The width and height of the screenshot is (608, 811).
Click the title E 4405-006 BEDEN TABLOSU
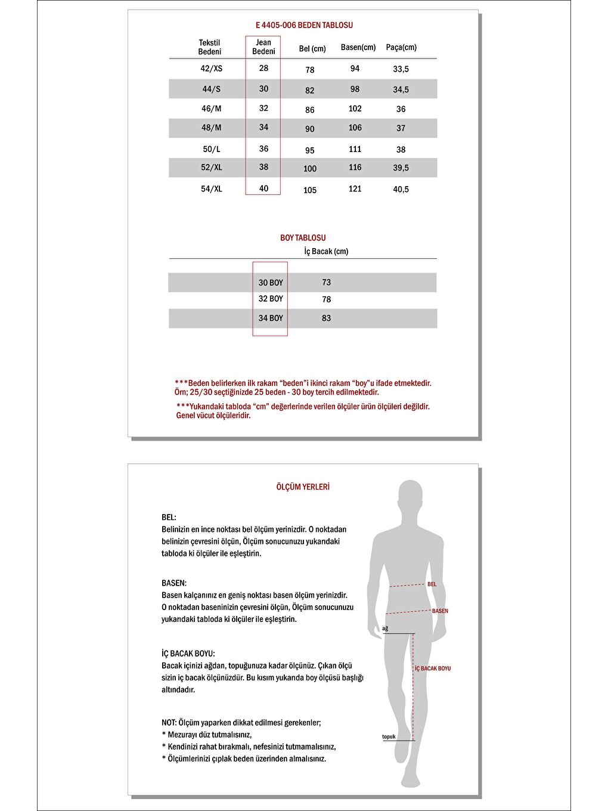coord(304,25)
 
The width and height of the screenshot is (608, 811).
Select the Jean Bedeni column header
coord(263,47)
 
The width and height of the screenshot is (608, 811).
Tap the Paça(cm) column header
coord(401,47)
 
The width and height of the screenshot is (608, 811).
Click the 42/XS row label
coord(211,69)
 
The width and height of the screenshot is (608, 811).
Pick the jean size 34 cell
coord(263,127)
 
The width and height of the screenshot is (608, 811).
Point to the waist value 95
coord(309,150)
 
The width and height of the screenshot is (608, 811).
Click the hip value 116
coord(355,168)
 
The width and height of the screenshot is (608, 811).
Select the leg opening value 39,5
coord(401,168)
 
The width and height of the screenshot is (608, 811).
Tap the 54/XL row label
coord(211,189)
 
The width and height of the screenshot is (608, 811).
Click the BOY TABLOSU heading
coord(303,238)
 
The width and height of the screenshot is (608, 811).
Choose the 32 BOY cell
coord(271,299)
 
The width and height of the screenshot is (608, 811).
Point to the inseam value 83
coord(326,318)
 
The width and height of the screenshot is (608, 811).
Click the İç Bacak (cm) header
coord(326,252)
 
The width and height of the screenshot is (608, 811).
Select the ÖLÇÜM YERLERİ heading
coord(303,487)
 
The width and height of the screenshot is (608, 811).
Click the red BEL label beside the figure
coord(432,584)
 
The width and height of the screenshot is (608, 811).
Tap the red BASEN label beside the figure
coord(440,611)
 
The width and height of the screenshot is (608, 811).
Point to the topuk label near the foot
coord(389,737)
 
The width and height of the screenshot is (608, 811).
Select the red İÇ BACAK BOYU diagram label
coord(433,668)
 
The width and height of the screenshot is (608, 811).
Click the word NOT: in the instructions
coord(169,723)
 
